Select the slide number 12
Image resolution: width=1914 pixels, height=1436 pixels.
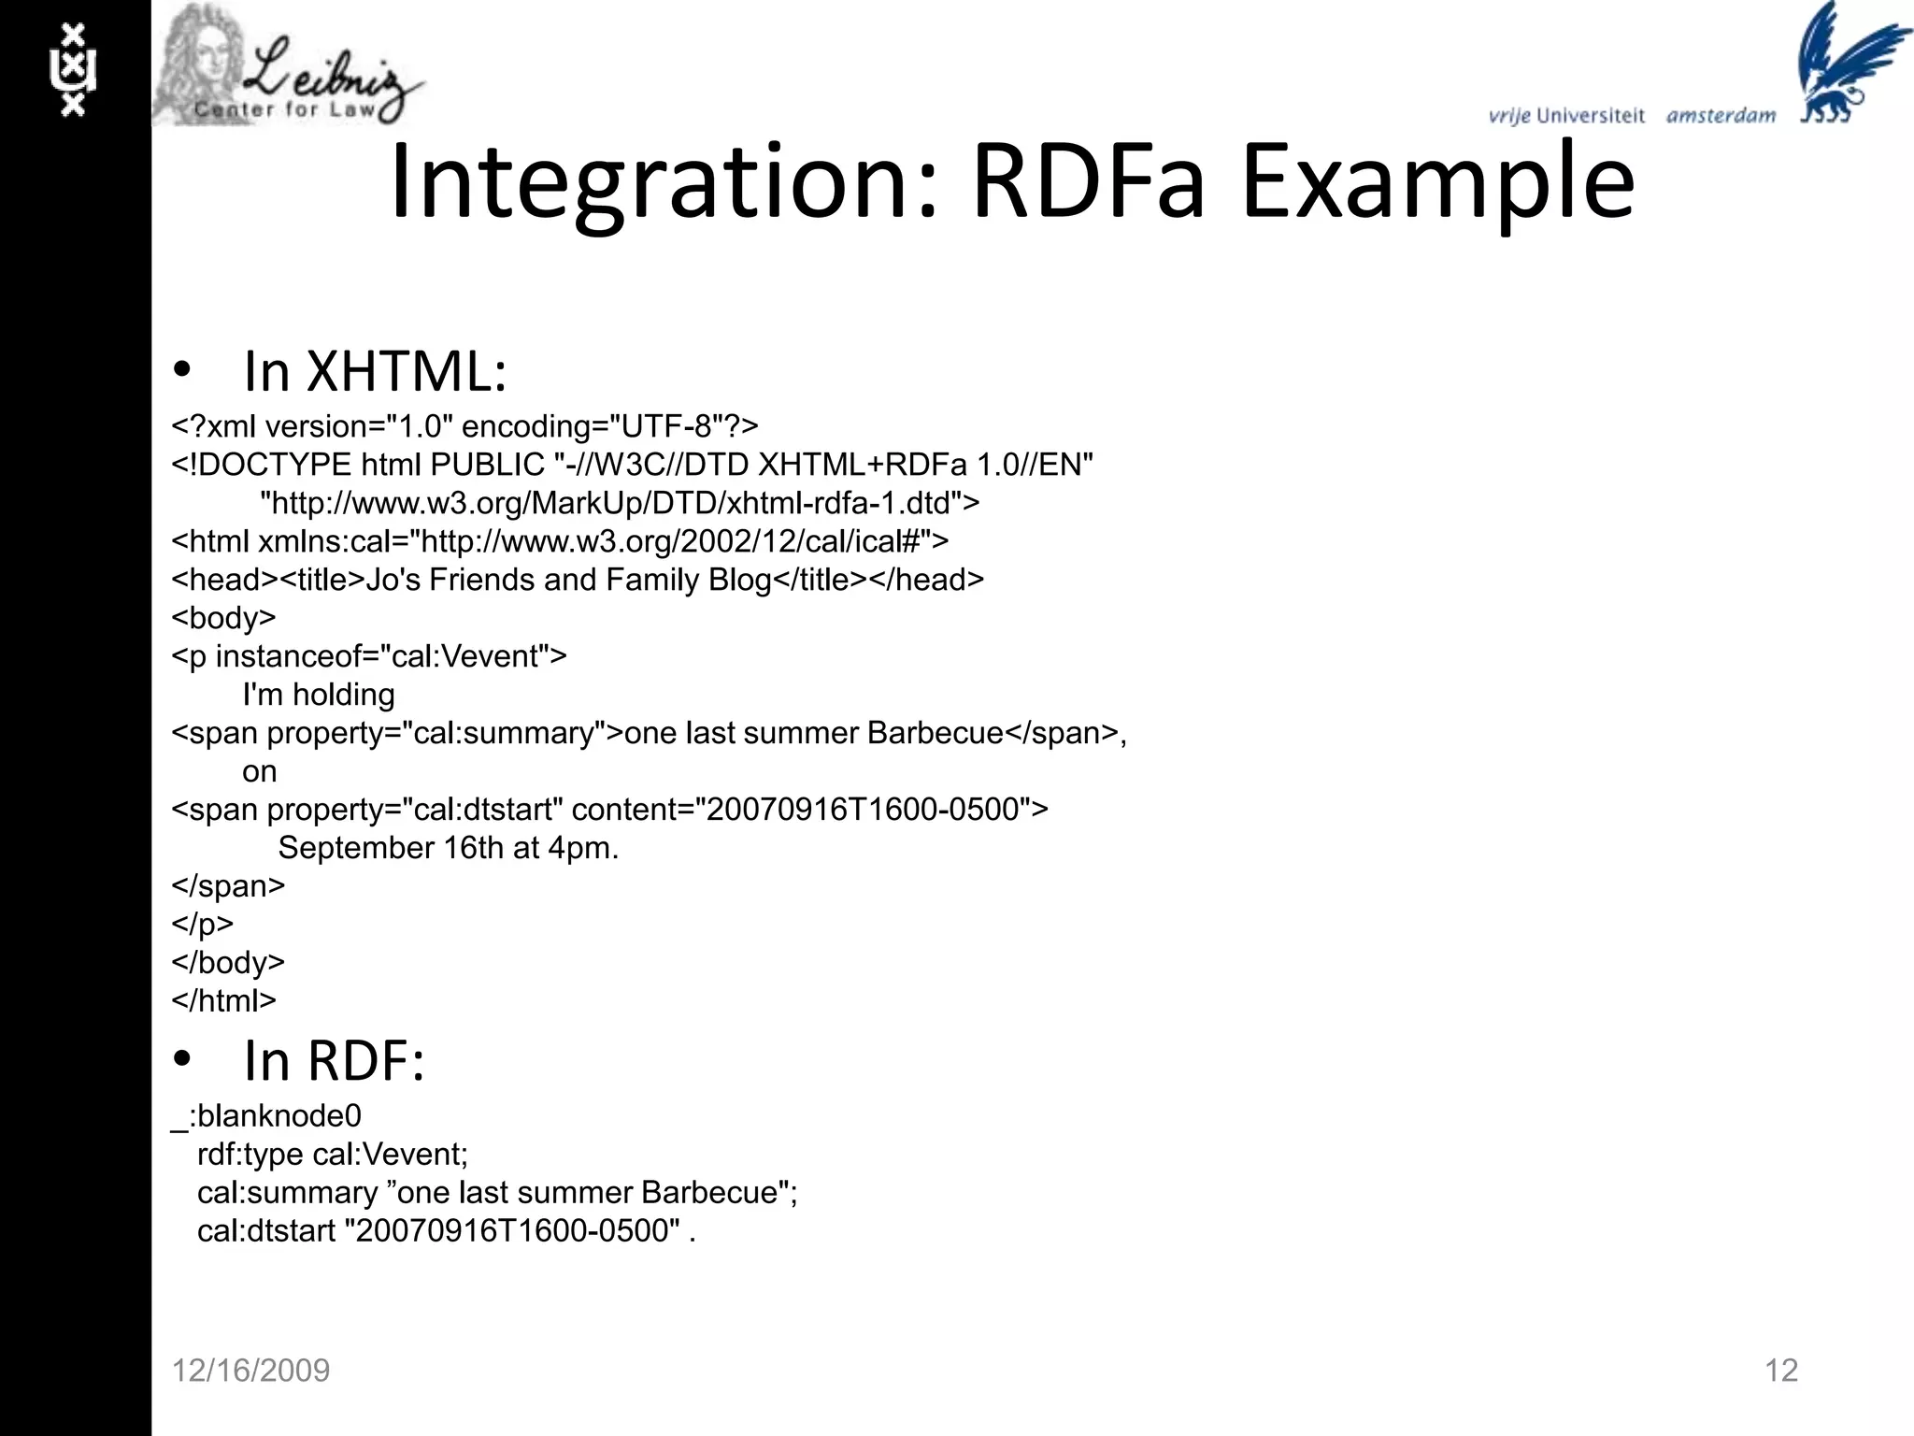[1780, 1371]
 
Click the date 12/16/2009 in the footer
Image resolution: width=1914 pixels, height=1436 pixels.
[250, 1371]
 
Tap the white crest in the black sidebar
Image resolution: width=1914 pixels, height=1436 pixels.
[73, 70]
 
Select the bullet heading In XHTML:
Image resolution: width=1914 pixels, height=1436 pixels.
[374, 372]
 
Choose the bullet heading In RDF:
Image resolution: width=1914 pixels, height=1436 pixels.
[334, 1061]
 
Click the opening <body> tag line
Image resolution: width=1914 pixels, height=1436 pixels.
[223, 618]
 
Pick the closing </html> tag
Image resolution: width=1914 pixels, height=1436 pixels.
[223, 1000]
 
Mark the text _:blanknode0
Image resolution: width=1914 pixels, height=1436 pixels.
[266, 1116]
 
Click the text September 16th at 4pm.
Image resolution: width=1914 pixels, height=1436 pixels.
[449, 848]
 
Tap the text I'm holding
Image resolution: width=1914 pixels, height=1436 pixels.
[318, 695]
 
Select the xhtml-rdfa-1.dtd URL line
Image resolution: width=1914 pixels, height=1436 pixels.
[619, 503]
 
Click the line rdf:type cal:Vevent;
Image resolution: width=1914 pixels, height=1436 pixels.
[332, 1155]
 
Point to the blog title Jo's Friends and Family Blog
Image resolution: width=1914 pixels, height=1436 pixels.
[568, 580]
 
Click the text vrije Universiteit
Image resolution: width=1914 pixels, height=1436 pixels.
[1566, 116]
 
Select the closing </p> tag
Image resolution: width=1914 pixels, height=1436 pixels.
[202, 924]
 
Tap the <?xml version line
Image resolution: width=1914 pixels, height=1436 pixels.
[464, 426]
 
